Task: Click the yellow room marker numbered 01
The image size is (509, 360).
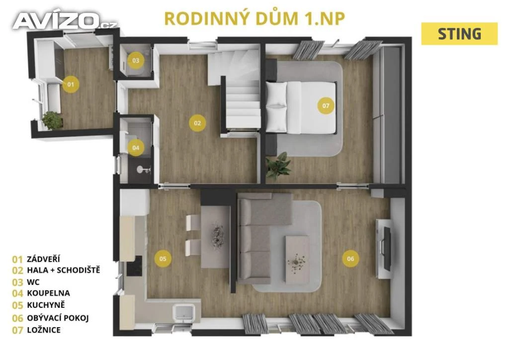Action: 71,85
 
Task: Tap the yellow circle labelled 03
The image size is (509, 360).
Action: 136,60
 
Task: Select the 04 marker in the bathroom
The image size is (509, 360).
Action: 136,148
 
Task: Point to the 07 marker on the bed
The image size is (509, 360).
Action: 326,105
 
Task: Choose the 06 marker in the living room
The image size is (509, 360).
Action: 350,259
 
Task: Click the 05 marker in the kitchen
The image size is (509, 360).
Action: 163,259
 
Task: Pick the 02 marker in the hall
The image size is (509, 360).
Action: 197,123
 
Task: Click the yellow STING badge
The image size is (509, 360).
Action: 459,34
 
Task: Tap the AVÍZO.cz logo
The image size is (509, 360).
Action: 65,21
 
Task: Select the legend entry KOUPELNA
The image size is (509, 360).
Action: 48,293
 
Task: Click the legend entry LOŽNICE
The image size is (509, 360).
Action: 44,330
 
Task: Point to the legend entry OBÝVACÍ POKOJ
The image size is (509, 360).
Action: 58,318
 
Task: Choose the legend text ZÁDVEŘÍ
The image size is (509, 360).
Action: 44,259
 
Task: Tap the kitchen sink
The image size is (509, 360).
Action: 184,313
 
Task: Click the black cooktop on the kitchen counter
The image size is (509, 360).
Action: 134,266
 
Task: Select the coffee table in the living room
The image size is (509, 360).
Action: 297,260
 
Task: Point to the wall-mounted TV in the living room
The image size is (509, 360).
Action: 387,249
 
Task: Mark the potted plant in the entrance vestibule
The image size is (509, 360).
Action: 52,120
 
